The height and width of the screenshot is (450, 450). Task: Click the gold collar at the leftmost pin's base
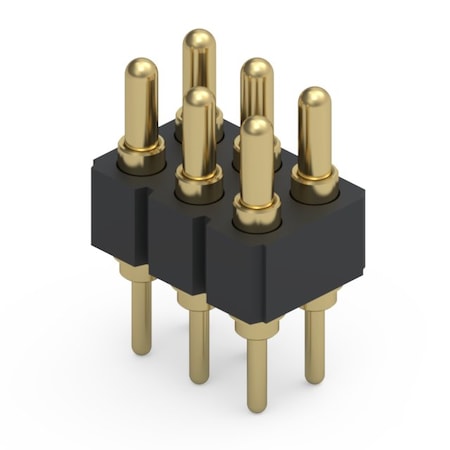(140, 153)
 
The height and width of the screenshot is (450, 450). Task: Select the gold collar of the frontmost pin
(257, 211)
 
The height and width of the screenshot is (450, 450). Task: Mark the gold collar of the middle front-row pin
(199, 182)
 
